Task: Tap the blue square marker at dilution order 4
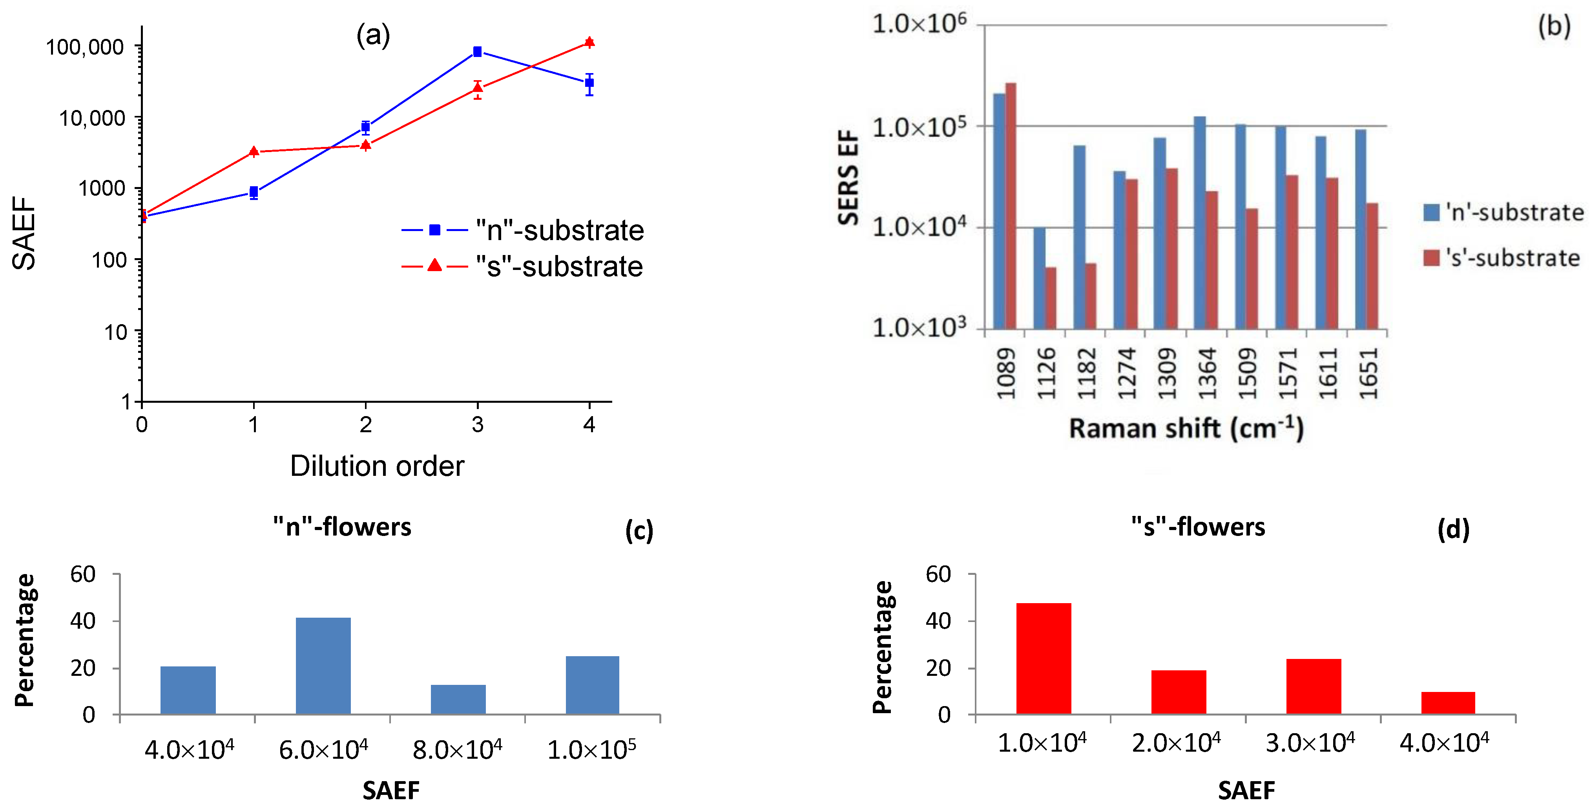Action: (x=589, y=83)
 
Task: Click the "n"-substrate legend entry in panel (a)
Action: (x=522, y=230)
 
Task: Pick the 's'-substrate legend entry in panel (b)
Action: (x=1501, y=258)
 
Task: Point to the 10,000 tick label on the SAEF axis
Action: (x=92, y=117)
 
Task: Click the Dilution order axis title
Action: (x=377, y=466)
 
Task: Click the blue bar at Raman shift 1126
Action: (x=1040, y=278)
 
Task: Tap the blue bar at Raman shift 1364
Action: (x=1199, y=222)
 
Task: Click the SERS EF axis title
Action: (x=848, y=178)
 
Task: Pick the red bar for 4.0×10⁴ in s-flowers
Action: (x=1448, y=703)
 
